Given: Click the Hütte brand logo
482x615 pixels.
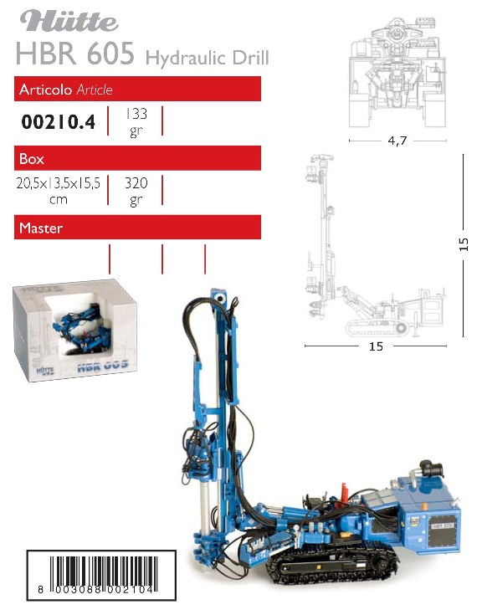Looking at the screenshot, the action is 69,21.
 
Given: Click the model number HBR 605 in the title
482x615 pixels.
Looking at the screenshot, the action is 75,54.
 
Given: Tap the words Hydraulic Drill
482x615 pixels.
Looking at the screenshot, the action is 208,58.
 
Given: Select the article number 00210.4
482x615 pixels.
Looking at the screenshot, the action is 58,121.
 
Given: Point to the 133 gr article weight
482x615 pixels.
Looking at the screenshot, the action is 136,122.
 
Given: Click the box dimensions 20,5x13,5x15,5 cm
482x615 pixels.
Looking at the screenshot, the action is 59,191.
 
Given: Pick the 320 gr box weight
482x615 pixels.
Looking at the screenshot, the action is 136,191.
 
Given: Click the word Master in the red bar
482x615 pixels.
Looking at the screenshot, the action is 41,228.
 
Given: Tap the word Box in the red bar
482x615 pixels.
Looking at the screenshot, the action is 31,159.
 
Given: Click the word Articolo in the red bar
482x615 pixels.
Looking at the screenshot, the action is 45,90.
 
